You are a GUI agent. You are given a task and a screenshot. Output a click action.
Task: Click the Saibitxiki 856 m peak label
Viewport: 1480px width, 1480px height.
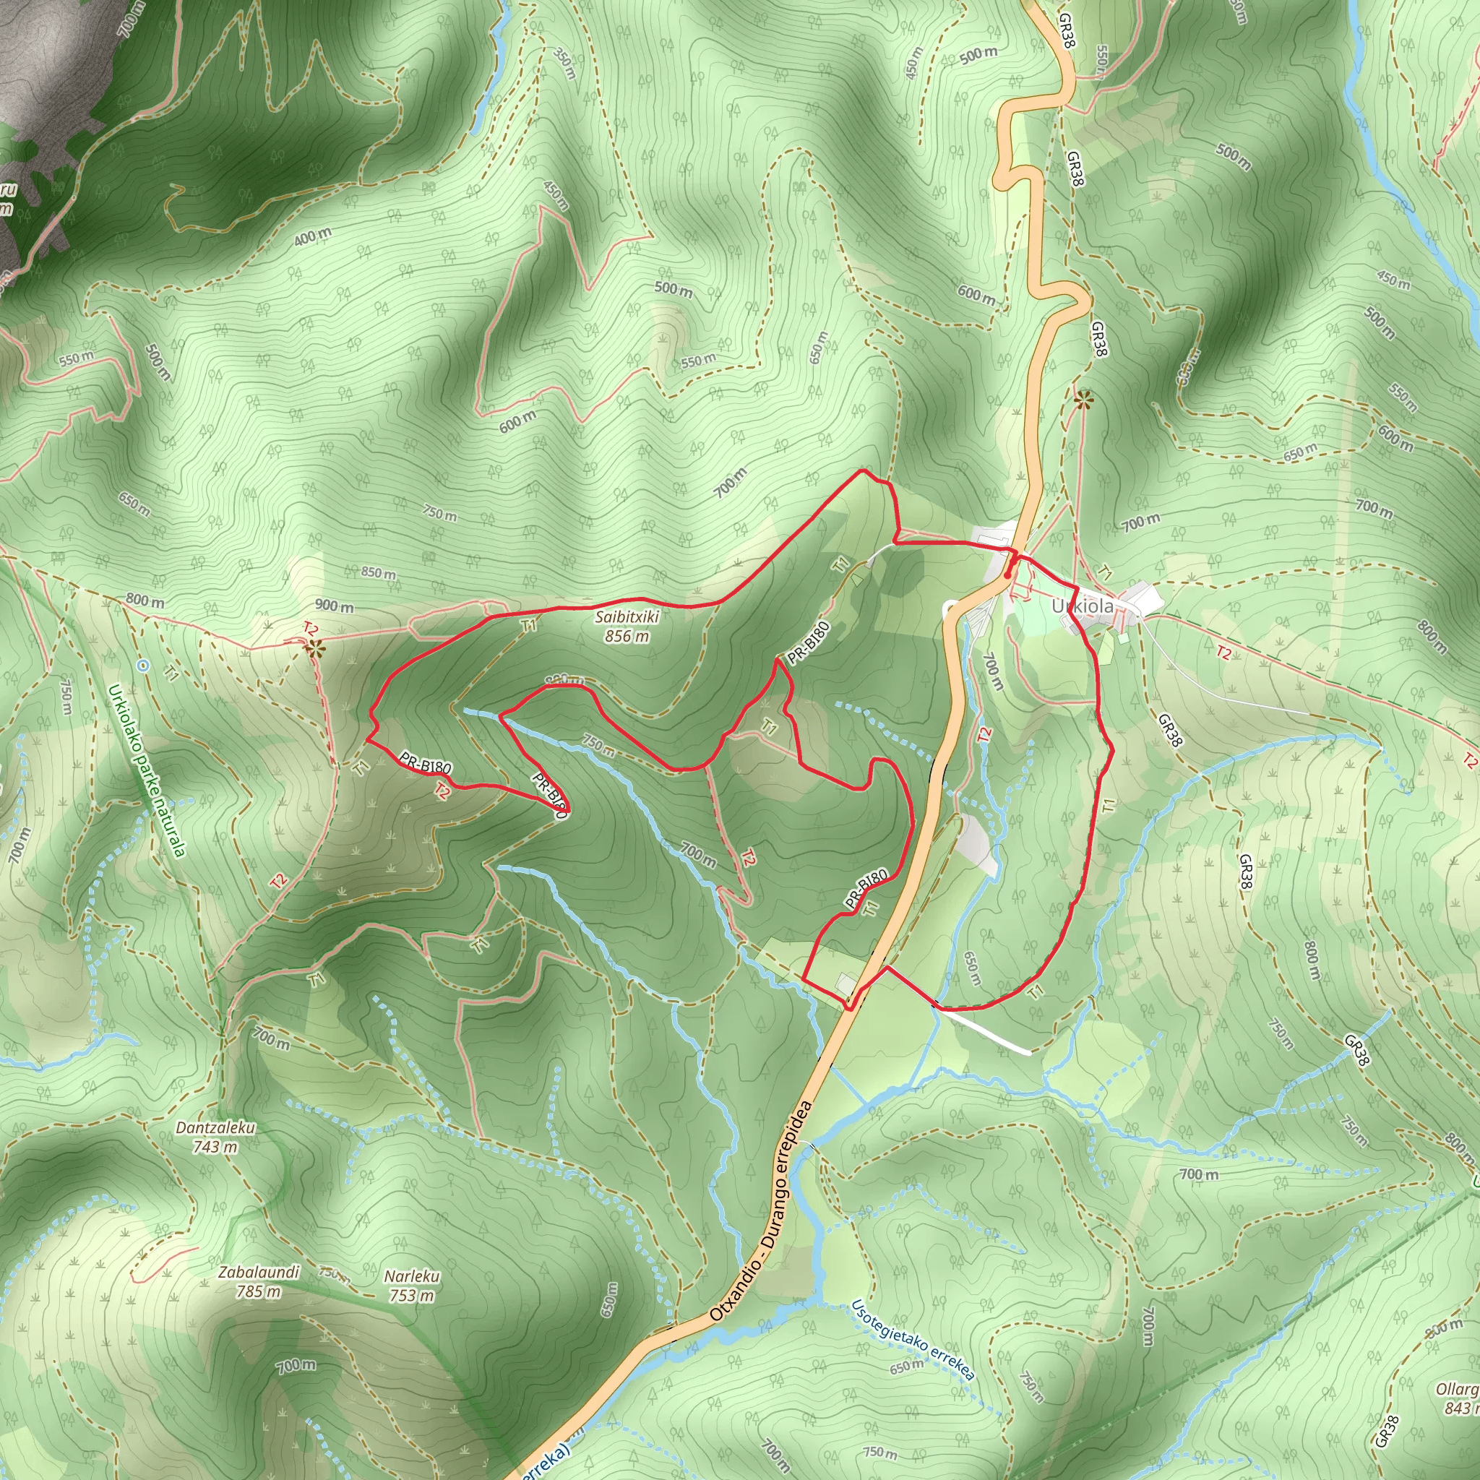point(627,626)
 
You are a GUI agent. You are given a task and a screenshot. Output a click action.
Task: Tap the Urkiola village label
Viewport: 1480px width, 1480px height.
point(1083,606)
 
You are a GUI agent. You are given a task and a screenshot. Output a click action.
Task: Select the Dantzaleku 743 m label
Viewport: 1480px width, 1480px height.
point(215,1137)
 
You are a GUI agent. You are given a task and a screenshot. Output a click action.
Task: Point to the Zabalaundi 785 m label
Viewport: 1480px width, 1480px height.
point(259,1281)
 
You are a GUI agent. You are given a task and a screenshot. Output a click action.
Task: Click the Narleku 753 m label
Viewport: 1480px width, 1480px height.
point(412,1286)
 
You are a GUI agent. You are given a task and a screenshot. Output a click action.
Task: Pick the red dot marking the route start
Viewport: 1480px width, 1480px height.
point(1007,574)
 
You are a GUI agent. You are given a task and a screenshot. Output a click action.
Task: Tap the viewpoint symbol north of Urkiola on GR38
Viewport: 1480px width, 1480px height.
point(1083,400)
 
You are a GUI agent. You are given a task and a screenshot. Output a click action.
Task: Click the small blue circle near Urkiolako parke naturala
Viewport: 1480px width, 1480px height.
point(143,666)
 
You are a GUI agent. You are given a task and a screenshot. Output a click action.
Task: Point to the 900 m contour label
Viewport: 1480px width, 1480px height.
point(334,605)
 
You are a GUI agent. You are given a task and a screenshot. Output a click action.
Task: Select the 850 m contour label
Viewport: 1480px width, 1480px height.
point(379,573)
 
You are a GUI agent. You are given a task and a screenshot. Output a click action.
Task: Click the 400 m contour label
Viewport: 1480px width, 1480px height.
point(312,238)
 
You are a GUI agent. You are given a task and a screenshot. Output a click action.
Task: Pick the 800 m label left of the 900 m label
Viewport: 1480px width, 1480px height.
point(145,601)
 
